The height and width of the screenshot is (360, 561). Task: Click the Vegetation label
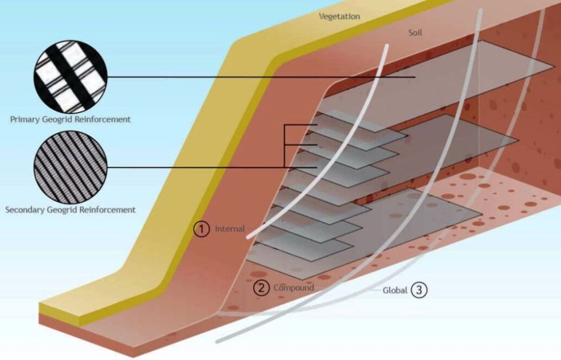click(x=339, y=16)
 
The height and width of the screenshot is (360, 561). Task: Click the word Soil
click(x=415, y=32)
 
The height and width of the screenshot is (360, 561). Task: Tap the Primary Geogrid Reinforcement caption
click(x=70, y=119)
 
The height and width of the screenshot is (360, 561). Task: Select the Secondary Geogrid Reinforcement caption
click(x=70, y=210)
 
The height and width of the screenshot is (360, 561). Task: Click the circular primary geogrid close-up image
click(x=71, y=77)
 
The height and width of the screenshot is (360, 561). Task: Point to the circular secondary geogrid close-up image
click(x=71, y=167)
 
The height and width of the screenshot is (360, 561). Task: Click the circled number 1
click(x=201, y=229)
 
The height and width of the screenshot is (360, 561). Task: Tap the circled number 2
click(x=262, y=287)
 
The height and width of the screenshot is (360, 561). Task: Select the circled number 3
click(x=419, y=290)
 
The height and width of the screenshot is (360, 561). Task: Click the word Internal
click(x=230, y=229)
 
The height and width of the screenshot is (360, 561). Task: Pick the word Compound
click(x=294, y=288)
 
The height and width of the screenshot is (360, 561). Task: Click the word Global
click(x=395, y=290)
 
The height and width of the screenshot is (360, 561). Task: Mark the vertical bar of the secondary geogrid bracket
click(x=284, y=146)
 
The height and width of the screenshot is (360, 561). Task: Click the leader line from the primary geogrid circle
click(x=261, y=77)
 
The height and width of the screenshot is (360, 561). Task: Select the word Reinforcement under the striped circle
click(x=107, y=210)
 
